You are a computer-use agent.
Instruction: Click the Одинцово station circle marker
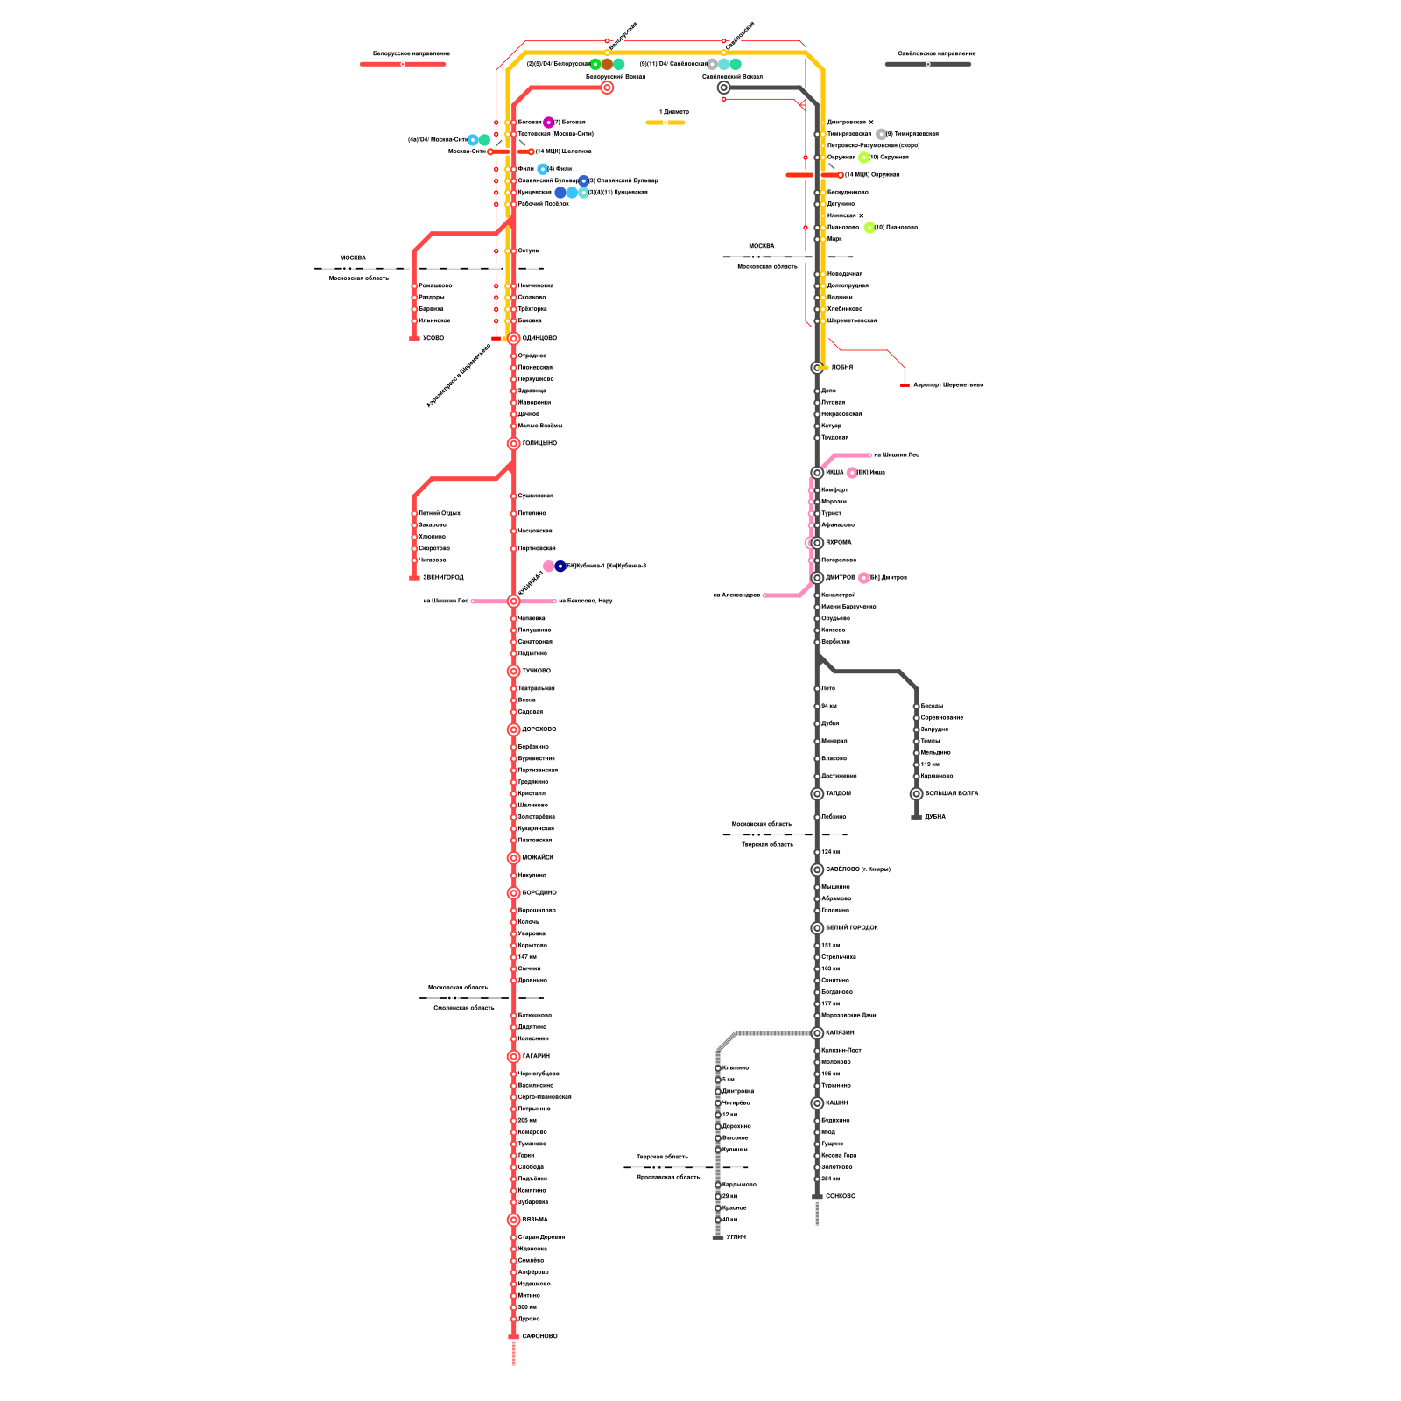click(x=514, y=338)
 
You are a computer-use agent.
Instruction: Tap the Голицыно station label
click(x=539, y=444)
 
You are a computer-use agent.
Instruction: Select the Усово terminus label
click(x=433, y=338)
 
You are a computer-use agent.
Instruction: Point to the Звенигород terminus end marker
click(x=414, y=578)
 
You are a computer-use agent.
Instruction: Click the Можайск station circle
click(x=514, y=858)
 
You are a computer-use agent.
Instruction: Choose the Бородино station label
click(x=539, y=893)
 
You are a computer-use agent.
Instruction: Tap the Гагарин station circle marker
click(x=514, y=1057)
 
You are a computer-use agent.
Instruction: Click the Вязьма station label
click(x=535, y=1220)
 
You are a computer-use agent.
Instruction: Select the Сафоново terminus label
click(x=539, y=1337)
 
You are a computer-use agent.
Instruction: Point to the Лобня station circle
click(x=817, y=368)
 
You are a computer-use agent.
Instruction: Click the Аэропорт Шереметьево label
click(x=948, y=385)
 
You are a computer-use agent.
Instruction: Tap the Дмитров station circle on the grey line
click(x=817, y=578)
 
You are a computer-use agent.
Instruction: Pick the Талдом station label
click(x=838, y=794)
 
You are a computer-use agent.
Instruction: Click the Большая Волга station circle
click(x=917, y=794)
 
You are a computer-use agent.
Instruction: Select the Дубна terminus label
click(x=935, y=817)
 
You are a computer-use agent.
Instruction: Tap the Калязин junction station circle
click(x=817, y=1033)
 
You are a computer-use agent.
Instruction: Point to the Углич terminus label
click(x=736, y=1237)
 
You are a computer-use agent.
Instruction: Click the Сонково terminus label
click(x=841, y=1197)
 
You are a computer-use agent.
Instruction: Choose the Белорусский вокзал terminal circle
click(x=607, y=88)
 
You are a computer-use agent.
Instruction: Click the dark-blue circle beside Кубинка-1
click(x=560, y=567)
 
